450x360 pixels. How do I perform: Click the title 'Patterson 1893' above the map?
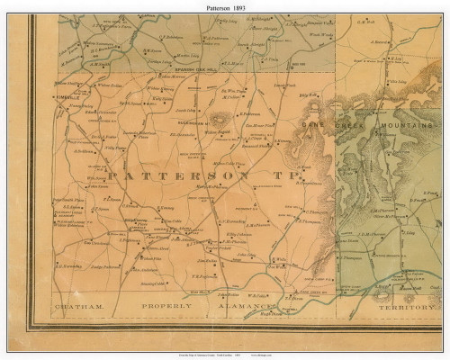click(225, 6)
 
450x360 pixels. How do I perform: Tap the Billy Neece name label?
click(308, 94)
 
